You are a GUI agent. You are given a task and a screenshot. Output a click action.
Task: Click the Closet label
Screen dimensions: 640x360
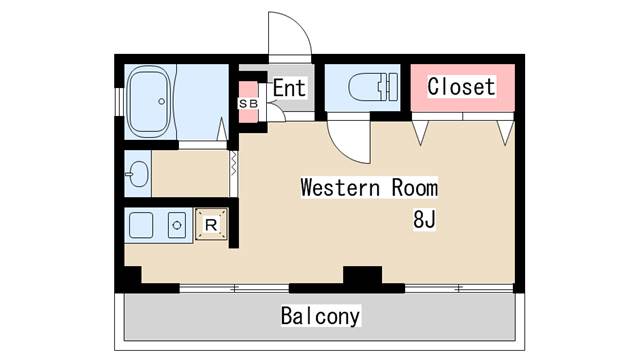coord(462,87)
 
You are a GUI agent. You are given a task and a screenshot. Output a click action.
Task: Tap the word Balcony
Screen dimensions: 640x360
coord(320,316)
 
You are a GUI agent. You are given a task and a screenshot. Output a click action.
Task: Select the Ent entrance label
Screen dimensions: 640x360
coord(289,88)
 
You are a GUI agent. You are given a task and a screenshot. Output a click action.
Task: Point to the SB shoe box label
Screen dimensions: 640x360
coord(248,104)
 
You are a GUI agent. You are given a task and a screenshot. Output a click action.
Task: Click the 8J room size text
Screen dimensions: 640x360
coord(424,219)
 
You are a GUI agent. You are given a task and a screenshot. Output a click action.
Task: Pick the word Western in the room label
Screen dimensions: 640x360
coord(340,187)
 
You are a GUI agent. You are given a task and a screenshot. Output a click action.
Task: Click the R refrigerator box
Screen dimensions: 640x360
coord(211,224)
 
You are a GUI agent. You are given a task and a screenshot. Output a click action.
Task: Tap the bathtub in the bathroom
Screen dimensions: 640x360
coord(149,102)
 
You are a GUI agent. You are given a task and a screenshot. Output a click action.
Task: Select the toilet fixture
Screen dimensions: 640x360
coord(373,87)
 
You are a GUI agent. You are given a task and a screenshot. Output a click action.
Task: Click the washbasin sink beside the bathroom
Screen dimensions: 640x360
coord(138,174)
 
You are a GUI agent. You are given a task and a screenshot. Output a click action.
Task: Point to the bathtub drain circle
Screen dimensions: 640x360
coord(162,101)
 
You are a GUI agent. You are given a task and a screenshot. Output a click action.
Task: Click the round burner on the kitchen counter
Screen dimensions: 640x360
coord(177,225)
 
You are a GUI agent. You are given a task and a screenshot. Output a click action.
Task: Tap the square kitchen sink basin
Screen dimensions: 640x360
coord(141,225)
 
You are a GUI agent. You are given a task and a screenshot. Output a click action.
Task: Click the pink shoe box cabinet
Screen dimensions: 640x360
coord(248,102)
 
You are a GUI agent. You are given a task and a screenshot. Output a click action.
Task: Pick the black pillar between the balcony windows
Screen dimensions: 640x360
coord(362,275)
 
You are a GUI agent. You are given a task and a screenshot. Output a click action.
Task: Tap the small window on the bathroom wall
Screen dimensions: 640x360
coord(119,102)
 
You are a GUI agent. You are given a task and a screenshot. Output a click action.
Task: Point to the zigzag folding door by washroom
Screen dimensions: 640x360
coord(233,163)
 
